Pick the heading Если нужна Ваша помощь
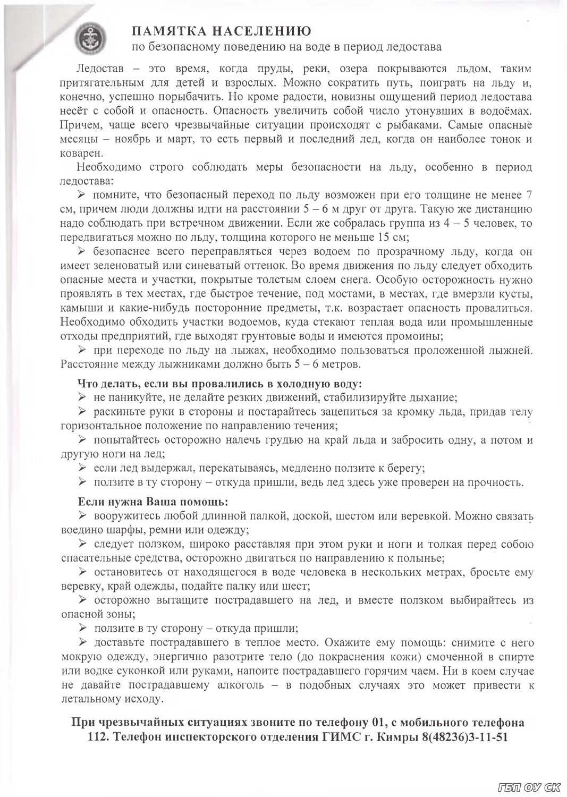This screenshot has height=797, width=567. pos(153,502)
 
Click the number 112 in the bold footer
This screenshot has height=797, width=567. pos(98,737)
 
